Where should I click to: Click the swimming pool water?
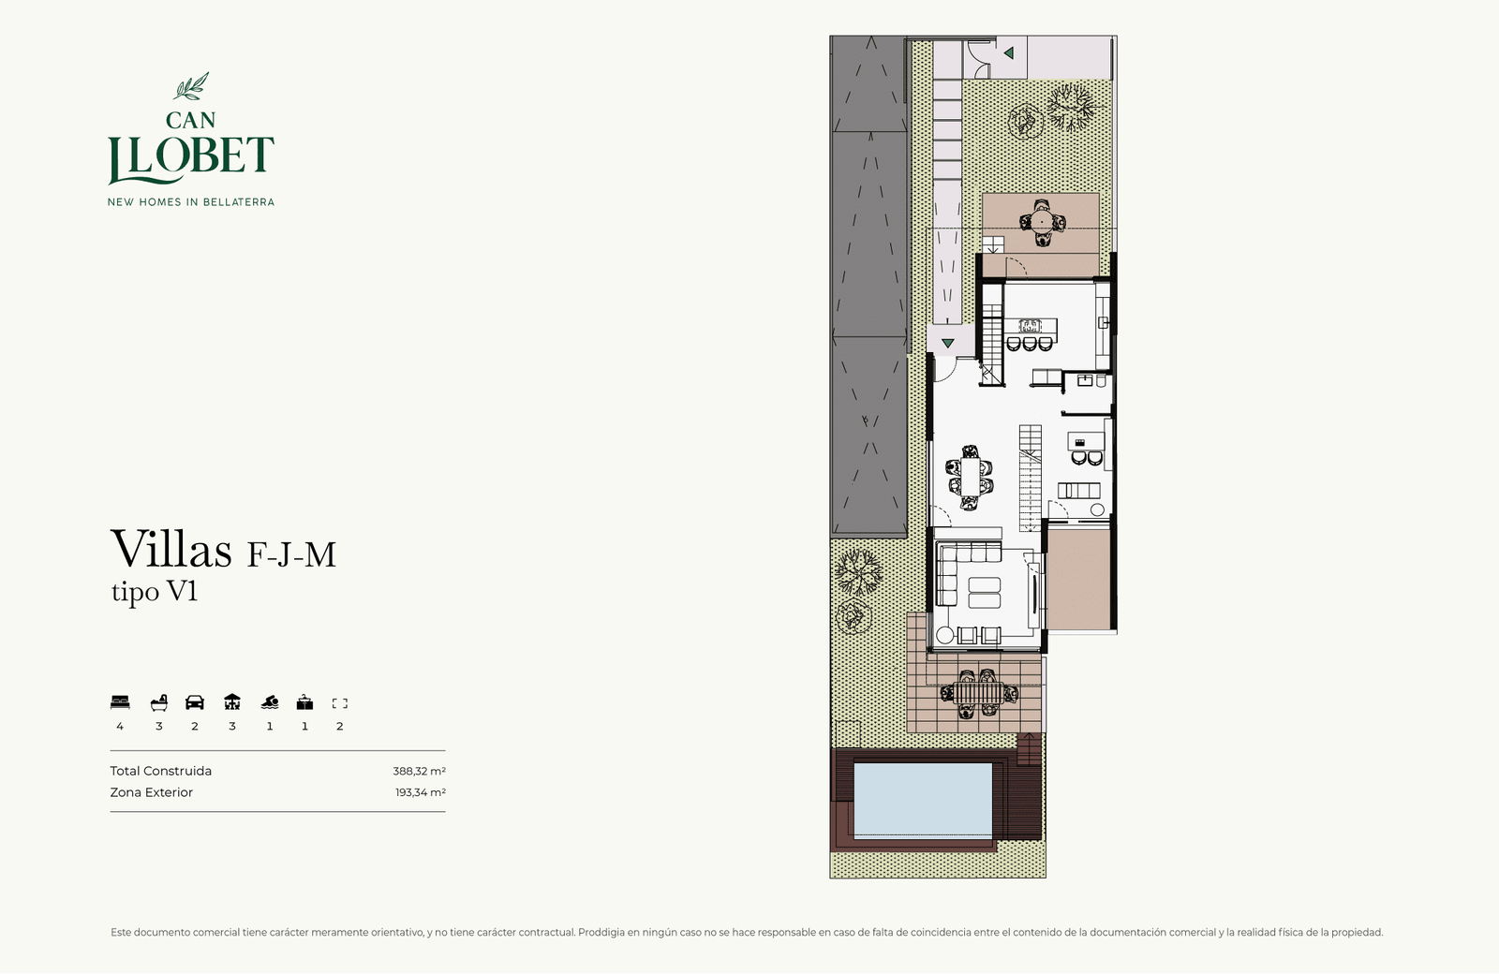(923, 800)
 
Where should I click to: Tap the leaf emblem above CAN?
(191, 86)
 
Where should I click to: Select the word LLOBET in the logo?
(191, 159)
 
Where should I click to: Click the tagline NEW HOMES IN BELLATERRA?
(191, 202)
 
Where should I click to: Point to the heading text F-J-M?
(291, 554)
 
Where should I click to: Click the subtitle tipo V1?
(155, 591)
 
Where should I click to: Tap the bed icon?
(120, 702)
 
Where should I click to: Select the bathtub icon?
(158, 702)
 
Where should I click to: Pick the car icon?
(195, 702)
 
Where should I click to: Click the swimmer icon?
(270, 702)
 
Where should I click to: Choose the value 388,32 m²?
(419, 772)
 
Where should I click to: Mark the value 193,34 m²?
(421, 792)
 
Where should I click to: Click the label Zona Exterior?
(151, 792)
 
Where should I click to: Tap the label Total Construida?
(160, 772)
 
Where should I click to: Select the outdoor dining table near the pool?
(978, 694)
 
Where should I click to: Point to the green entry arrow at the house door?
(947, 343)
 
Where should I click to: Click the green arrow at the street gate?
(1008, 52)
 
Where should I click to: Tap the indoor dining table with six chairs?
(971, 477)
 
